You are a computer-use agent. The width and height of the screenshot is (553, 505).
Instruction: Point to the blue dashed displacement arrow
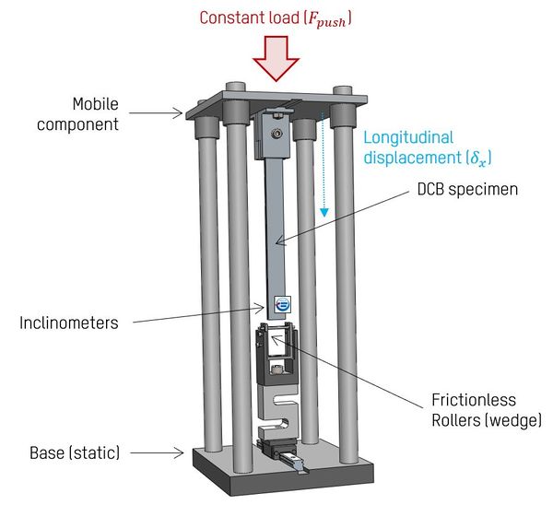[x=324, y=166]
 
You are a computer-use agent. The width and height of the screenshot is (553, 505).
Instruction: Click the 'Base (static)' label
[x=77, y=452]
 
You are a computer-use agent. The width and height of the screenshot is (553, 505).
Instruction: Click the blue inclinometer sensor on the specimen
[x=283, y=303]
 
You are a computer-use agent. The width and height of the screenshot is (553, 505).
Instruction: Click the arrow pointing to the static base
[x=161, y=452]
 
